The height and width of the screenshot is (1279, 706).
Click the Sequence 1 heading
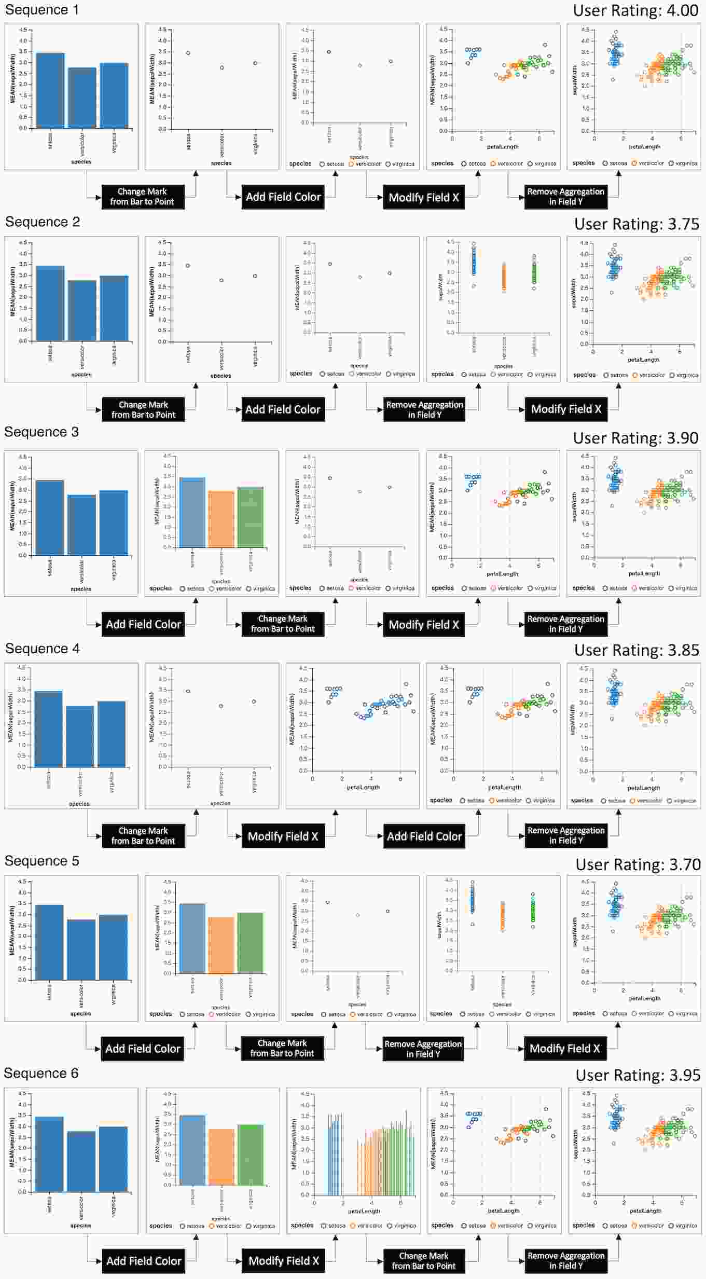[42, 10]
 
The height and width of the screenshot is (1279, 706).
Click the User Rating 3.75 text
[636, 224]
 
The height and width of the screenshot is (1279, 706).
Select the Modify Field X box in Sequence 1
[423, 197]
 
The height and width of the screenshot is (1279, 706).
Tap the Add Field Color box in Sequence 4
[424, 836]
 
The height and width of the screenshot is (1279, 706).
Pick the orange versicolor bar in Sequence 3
[221, 519]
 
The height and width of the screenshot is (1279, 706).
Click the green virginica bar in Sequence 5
[250, 943]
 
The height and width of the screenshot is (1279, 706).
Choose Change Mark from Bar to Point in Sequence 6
[423, 1260]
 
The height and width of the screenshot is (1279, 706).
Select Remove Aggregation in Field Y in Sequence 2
[424, 409]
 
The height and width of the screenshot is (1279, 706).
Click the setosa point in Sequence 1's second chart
[188, 53]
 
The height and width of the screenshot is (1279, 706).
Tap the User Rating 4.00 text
[635, 10]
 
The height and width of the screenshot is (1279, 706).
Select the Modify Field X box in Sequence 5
[564, 1048]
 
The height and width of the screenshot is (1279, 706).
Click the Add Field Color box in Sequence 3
[143, 624]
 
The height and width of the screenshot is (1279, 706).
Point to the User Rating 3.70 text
[638, 864]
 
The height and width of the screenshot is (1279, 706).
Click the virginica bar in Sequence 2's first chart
[114, 308]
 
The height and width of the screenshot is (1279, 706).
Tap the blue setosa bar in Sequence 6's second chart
[192, 1149]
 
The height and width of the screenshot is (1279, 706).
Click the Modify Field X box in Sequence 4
[283, 836]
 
